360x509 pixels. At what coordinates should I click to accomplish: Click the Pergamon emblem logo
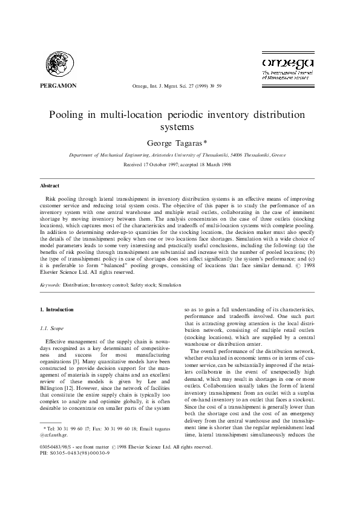coord(60,62)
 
